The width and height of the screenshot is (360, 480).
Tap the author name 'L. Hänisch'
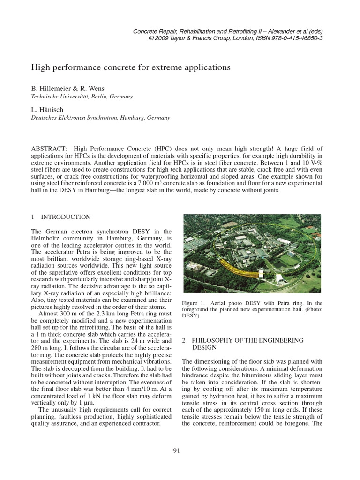pyautogui.click(x=47, y=109)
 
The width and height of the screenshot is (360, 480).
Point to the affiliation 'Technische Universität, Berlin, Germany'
pyautogui.click(x=82, y=96)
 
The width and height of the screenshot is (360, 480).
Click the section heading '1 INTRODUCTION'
pyautogui.click(x=61, y=217)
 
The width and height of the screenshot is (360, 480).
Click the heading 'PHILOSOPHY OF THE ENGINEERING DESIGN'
pyautogui.click(x=242, y=344)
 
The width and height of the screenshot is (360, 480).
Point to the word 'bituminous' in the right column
pyautogui.click(x=258, y=375)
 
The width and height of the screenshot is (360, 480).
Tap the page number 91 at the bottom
pyautogui.click(x=177, y=451)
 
